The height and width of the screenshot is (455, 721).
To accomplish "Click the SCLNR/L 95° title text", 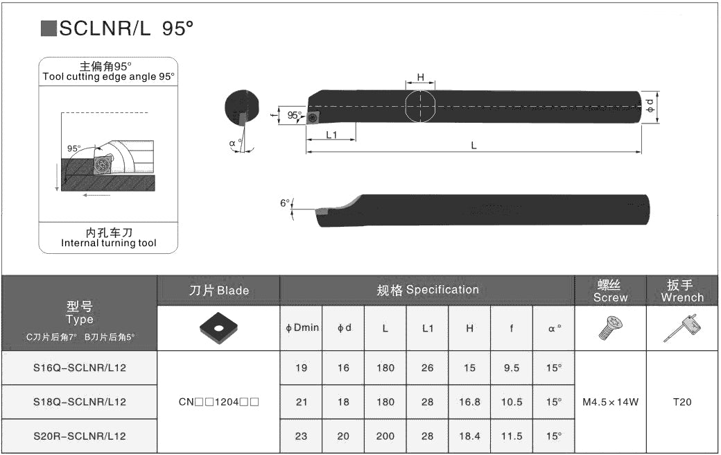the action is (126, 28).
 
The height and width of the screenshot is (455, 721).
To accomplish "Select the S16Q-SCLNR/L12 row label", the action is (80, 368).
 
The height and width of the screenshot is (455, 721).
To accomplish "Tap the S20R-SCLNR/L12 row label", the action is (80, 436).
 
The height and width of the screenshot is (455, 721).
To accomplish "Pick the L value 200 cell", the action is (385, 436).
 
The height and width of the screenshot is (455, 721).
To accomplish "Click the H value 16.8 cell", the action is (469, 402).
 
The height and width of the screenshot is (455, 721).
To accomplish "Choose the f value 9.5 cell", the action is (512, 368).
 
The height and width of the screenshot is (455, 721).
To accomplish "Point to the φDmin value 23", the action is (301, 436).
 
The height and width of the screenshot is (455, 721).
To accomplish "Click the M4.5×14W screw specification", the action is (610, 402).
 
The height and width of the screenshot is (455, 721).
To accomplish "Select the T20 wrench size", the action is (682, 402).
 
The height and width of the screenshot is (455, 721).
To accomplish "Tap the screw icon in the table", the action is (611, 328).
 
